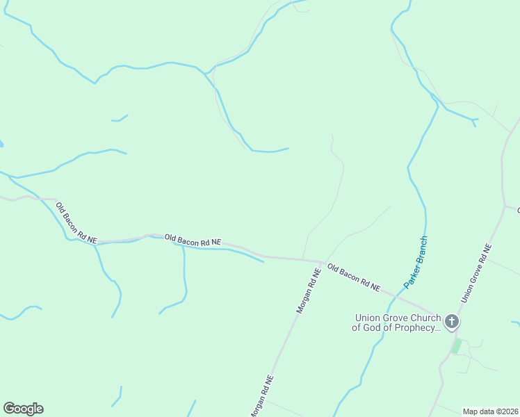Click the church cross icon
452,321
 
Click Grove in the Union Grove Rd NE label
476,272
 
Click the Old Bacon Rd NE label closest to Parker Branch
354,277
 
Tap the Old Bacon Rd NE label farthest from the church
76,222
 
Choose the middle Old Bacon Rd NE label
193,240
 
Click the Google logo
23,409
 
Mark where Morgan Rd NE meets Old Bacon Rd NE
322,261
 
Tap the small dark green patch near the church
456,345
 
